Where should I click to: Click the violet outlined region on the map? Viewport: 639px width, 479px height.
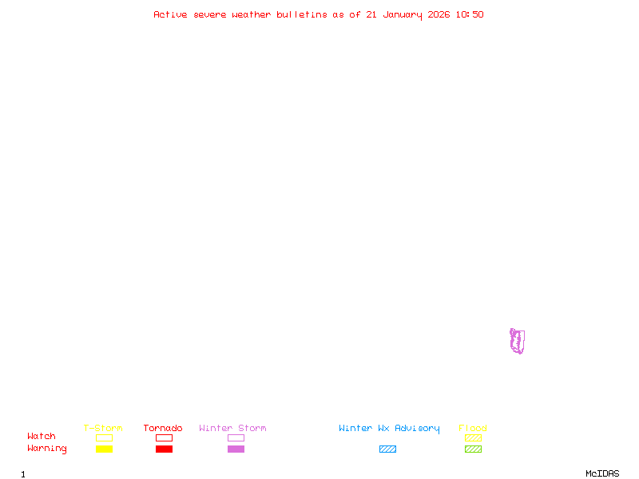click(x=518, y=341)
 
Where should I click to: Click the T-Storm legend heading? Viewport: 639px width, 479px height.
click(x=103, y=429)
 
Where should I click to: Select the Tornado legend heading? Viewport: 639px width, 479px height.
click(x=163, y=429)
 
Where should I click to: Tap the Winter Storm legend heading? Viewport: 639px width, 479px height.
click(x=232, y=429)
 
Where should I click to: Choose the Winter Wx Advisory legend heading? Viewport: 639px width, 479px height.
click(x=389, y=429)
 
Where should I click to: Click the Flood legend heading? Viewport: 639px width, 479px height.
click(x=473, y=429)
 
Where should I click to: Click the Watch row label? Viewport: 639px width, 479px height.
click(x=42, y=437)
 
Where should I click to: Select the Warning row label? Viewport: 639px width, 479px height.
click(x=47, y=449)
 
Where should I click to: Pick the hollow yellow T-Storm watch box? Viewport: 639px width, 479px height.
click(x=104, y=437)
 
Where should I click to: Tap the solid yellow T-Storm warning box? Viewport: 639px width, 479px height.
click(x=104, y=449)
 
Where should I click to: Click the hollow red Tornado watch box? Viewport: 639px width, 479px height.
click(x=164, y=437)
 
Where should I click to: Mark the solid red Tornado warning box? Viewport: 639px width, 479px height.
click(x=164, y=449)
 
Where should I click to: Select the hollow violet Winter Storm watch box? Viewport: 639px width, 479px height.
click(x=236, y=437)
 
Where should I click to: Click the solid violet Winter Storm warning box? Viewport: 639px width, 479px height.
click(x=236, y=449)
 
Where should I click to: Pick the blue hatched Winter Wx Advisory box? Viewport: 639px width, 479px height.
click(x=387, y=449)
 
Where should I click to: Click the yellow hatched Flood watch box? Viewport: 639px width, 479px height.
click(x=473, y=437)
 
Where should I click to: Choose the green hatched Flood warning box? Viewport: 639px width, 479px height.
click(x=473, y=449)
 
